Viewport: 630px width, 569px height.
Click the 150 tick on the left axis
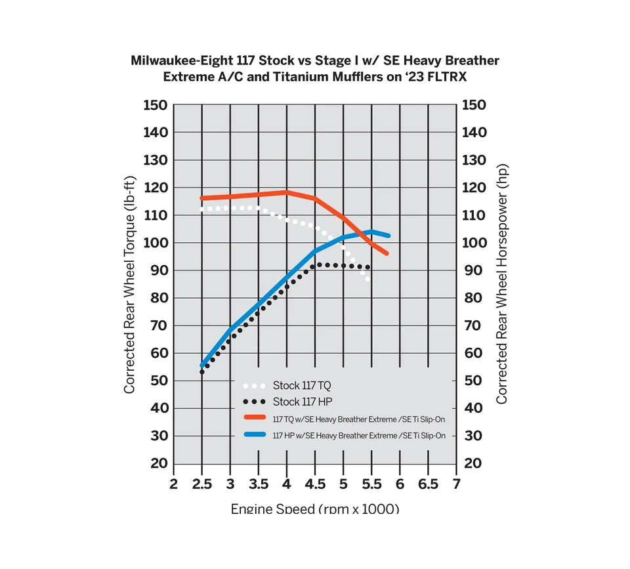[x=155, y=106]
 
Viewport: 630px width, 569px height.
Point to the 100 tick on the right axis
[x=474, y=243]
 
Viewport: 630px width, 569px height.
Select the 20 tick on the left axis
[x=158, y=463]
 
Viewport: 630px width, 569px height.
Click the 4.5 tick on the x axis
[x=315, y=484]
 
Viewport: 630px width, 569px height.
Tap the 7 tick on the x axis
[x=457, y=484]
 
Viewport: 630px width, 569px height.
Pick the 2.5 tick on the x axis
[x=201, y=484]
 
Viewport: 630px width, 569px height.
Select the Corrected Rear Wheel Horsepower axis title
[x=502, y=284]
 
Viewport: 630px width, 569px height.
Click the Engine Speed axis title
[x=315, y=509]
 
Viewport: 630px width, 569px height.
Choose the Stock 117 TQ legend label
[x=303, y=385]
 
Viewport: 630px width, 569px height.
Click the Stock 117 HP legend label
[x=303, y=402]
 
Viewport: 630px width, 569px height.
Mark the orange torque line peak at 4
[x=287, y=192]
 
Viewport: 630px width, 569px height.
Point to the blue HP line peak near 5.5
[x=371, y=232]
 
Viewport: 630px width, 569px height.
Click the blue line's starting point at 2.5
[x=202, y=366]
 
